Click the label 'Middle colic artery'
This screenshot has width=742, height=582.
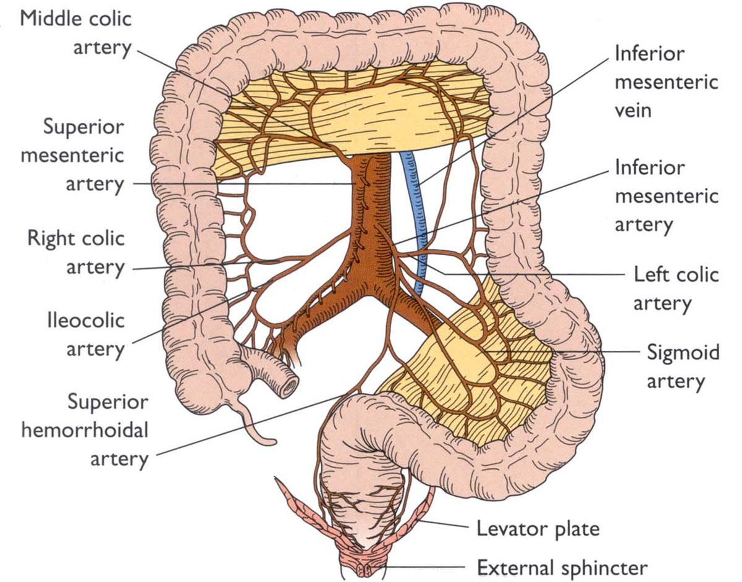76,32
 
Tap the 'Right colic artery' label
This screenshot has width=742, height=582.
75,253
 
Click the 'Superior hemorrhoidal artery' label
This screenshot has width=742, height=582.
85,431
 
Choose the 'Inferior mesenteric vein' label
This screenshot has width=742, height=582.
666,82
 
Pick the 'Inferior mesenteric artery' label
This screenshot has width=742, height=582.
666,196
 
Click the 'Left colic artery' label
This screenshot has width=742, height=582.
676,288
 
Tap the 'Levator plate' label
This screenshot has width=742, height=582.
538,529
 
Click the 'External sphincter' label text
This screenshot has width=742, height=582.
562,567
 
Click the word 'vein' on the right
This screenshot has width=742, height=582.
633,111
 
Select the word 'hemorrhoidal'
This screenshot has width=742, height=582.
85,431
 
